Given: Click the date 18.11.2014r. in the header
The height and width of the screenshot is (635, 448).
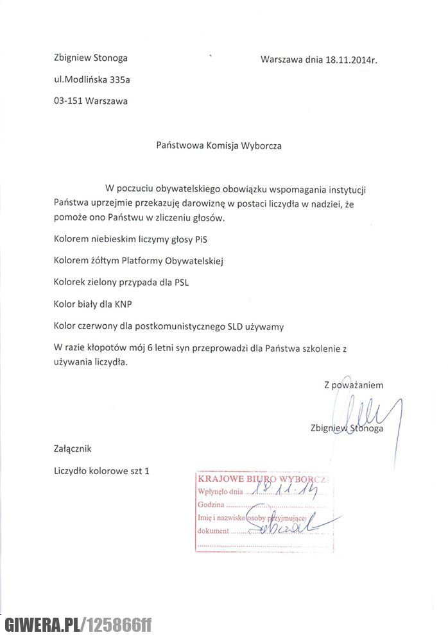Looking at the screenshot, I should [x=350, y=60].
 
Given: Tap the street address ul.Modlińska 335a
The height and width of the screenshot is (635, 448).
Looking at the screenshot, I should [x=96, y=80].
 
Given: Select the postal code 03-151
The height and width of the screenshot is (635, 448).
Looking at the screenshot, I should [x=68, y=101].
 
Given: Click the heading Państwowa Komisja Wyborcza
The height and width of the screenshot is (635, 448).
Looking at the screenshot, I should [x=219, y=145].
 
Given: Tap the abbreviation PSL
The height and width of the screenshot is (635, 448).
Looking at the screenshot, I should [x=183, y=283].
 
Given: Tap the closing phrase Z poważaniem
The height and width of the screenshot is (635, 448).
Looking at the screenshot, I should [x=354, y=385].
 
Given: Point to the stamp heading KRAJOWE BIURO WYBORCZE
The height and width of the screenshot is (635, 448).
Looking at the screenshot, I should [x=264, y=479].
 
